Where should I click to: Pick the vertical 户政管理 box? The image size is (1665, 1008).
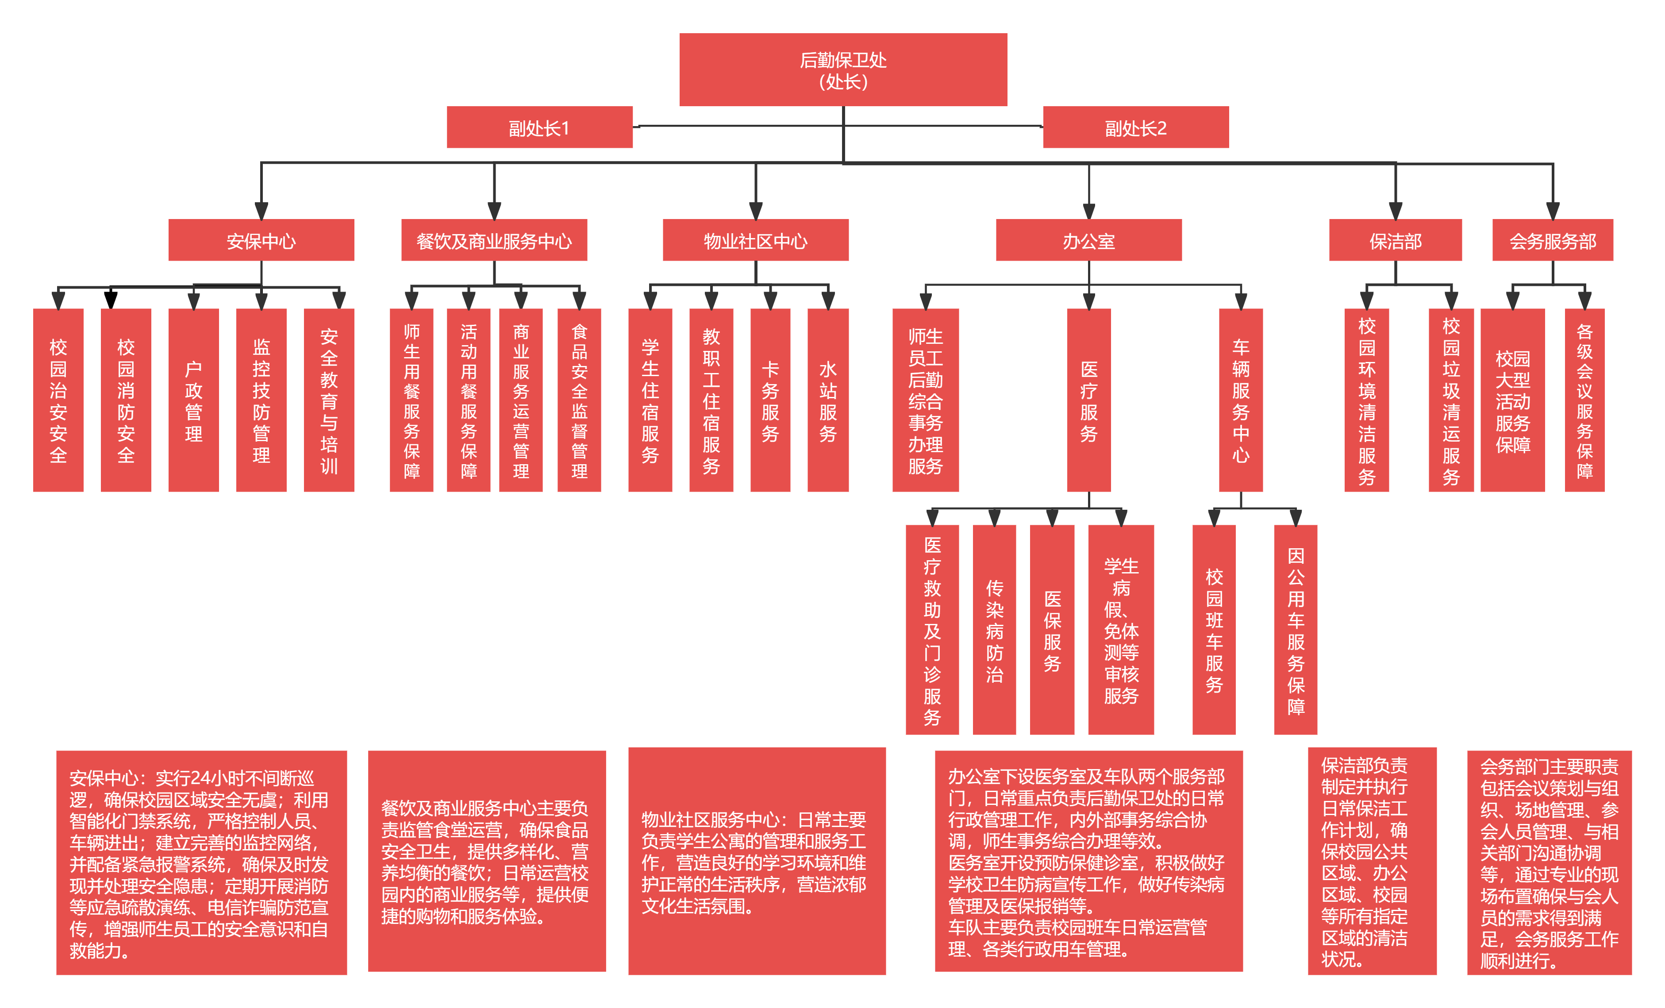coord(193,400)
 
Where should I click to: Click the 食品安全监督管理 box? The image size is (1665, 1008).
coord(579,400)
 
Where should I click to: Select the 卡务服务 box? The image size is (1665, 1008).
coord(770,400)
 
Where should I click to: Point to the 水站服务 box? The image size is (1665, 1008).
coord(828,400)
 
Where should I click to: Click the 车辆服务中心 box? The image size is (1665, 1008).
coord(1241,400)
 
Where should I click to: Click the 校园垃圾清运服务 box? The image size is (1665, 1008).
coord(1451,400)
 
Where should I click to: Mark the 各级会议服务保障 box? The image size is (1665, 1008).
coord(1584,400)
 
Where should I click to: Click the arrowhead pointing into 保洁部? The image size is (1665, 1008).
coord(1396,211)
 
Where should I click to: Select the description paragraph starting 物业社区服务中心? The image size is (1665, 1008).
coord(757,862)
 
